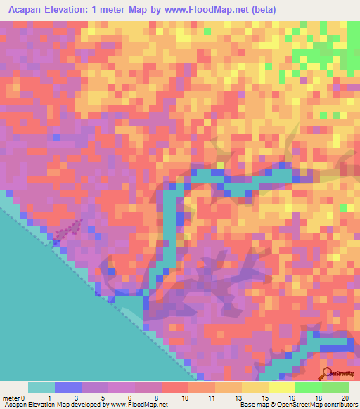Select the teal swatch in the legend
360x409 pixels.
tap(41, 387)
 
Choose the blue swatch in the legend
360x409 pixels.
tap(68, 387)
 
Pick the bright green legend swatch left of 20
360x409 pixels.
tap(309, 387)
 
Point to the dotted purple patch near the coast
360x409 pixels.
tap(67, 230)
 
